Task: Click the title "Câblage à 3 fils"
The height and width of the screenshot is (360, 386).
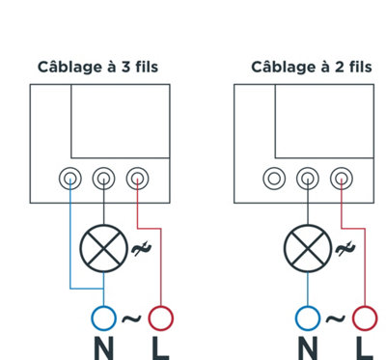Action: [x=97, y=67]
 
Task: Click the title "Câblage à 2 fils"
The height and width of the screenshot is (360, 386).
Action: [x=312, y=67]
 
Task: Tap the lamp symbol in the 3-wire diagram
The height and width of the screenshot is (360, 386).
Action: [x=103, y=248]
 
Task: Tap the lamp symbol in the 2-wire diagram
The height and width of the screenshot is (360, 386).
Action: [x=308, y=248]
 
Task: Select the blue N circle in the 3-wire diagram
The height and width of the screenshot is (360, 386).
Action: [x=103, y=306]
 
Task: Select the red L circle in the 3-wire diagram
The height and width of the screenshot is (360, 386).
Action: [x=161, y=306]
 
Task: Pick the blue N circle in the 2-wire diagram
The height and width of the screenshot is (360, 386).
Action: [x=308, y=306]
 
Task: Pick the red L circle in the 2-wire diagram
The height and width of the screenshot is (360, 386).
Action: [x=365, y=306]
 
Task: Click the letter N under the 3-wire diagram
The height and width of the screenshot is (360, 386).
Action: [x=104, y=348]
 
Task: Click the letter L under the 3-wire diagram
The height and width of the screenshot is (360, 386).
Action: [x=160, y=348]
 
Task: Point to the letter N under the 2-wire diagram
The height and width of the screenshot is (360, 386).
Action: [x=308, y=348]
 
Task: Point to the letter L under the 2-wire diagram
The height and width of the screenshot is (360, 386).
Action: [x=365, y=348]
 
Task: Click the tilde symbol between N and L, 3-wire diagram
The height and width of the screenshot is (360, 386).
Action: [x=131, y=318]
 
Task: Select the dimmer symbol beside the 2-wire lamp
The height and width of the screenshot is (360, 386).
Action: [x=345, y=248]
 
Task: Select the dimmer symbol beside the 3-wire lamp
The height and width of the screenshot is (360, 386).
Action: [x=141, y=248]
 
